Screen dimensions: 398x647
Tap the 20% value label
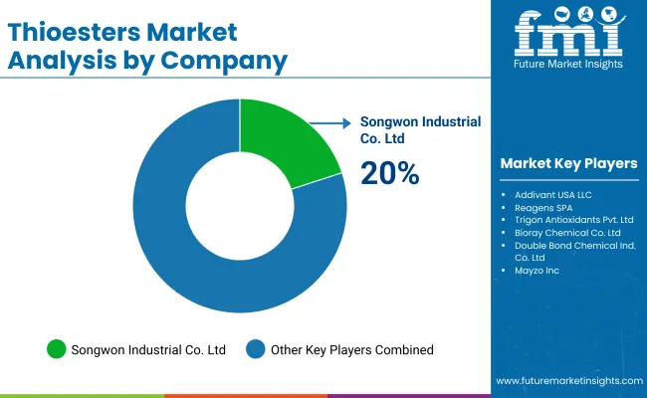click(x=390, y=173)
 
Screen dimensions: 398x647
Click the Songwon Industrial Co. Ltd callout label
click(x=420, y=130)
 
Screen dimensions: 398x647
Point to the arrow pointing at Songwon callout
click(x=328, y=123)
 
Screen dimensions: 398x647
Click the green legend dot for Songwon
click(x=57, y=349)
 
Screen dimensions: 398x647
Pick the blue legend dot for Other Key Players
click(x=257, y=349)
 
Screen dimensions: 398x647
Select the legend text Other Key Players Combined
click(x=353, y=349)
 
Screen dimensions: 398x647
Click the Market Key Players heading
click(x=568, y=163)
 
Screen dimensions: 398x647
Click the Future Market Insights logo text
click(x=569, y=65)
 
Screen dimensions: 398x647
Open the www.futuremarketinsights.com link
click(x=566, y=381)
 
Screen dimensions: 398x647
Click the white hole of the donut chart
click(x=239, y=205)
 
